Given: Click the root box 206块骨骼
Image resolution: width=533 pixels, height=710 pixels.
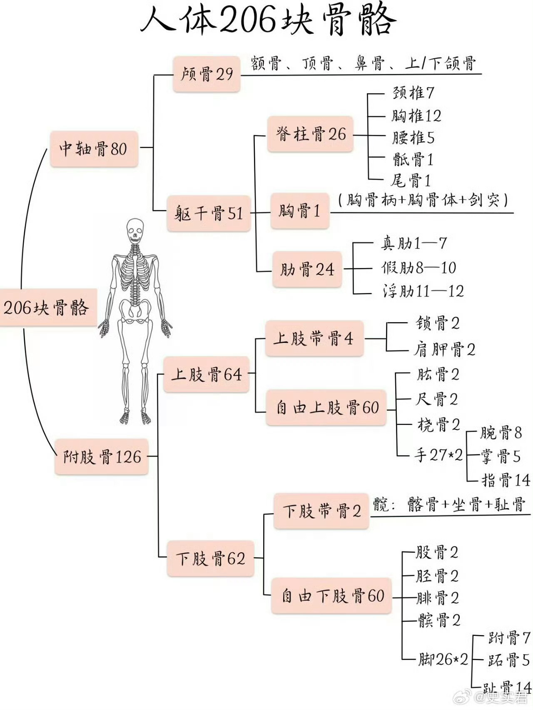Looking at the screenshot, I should point(47,308).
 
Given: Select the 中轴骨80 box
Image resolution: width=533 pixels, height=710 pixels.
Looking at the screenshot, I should point(94,149).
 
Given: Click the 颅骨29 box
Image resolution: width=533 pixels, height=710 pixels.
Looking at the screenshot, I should point(207,74).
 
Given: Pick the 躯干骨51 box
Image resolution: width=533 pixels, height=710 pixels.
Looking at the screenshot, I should point(209,213).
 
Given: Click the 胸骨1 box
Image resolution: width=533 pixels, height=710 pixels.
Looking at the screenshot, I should point(299,211).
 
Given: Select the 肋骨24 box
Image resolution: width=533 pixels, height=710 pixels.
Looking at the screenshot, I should point(307,269).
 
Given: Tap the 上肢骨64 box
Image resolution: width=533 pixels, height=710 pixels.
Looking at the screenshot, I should point(207,375).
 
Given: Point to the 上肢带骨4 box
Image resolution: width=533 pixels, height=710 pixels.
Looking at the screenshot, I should point(314,338).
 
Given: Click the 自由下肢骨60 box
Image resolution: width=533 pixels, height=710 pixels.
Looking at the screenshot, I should point(332,596).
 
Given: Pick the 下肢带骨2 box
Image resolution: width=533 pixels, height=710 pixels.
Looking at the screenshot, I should point(321,511).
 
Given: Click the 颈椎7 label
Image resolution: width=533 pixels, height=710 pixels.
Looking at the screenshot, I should point(413,93).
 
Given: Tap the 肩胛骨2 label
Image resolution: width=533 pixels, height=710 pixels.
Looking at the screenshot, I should point(444,350).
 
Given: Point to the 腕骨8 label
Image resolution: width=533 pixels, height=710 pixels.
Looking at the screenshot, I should point(500,433).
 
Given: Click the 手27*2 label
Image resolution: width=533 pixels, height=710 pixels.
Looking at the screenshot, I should point(438,455).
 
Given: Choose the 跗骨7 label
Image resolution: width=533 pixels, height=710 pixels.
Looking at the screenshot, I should point(508,637).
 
